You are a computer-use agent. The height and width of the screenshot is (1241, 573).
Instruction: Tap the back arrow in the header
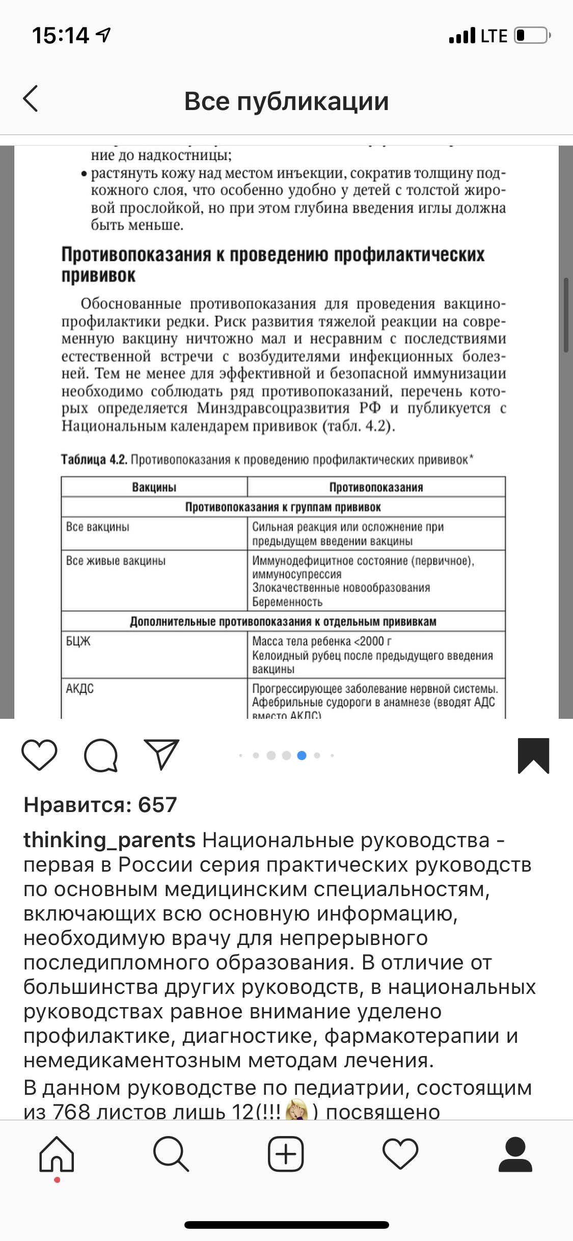click(31, 99)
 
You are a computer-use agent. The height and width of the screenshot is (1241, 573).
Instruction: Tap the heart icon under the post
click(40, 755)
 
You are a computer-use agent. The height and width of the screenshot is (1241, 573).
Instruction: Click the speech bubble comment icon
click(101, 755)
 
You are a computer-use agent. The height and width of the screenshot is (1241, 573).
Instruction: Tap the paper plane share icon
click(162, 754)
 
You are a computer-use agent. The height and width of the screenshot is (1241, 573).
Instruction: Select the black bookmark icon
click(533, 755)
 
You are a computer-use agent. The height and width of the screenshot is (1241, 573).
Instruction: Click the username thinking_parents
click(110, 840)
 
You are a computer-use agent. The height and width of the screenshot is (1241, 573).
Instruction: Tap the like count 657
click(100, 805)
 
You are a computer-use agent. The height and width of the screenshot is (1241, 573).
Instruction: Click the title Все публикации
click(286, 101)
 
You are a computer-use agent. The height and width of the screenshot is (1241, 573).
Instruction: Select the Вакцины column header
click(154, 487)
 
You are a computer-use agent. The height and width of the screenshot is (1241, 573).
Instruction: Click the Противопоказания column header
click(376, 487)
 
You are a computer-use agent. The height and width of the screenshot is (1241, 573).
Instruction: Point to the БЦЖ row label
click(78, 641)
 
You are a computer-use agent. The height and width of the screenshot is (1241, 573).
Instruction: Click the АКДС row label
click(80, 689)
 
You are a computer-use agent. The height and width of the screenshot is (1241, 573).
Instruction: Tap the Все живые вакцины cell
click(116, 561)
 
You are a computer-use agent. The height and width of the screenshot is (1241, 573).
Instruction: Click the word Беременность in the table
click(288, 602)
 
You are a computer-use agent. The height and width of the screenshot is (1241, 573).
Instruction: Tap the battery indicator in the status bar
click(531, 36)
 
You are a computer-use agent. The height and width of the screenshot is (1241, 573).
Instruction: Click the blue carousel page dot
click(302, 756)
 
